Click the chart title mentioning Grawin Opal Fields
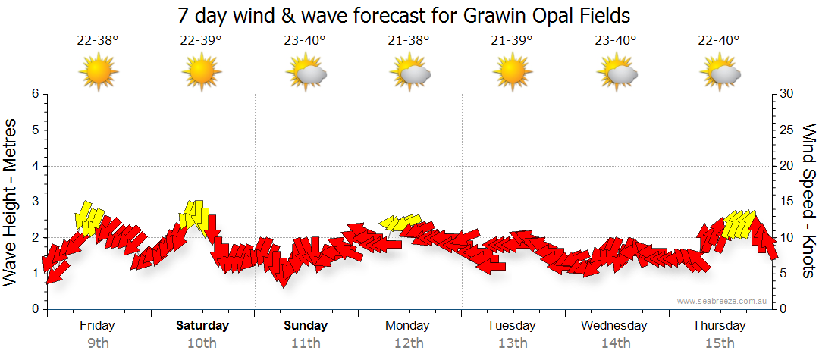[x=404, y=15]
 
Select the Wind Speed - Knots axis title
[x=808, y=201]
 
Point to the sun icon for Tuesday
[x=512, y=71]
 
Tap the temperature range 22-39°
[x=201, y=41]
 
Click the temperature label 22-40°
[x=719, y=41]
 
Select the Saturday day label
[x=202, y=326]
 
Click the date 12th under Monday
[x=409, y=343]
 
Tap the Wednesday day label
[x=614, y=326]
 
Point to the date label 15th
[x=719, y=343]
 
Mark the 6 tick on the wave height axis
[x=34, y=94]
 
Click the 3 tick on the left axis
[x=34, y=202]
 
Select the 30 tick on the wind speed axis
[x=787, y=94]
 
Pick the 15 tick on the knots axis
[x=787, y=202]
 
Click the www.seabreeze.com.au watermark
[x=723, y=301]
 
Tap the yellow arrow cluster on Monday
[x=400, y=221]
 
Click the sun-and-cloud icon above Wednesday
[x=616, y=73]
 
